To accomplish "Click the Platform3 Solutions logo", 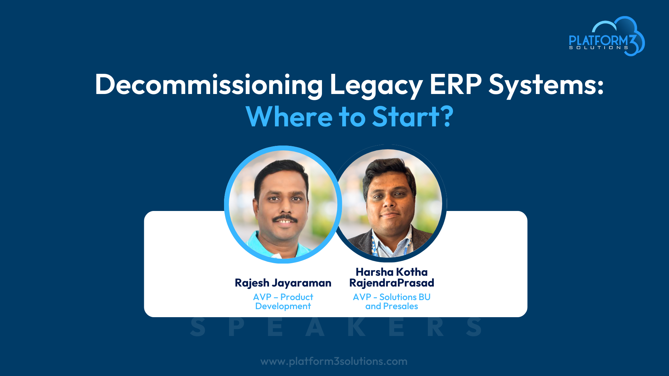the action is point(607,36).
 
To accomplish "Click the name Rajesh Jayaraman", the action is point(283,283).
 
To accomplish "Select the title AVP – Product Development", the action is point(283,301).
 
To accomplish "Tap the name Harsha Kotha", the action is point(392,272).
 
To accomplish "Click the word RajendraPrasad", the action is point(392,283).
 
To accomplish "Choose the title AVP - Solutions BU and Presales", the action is point(392,301).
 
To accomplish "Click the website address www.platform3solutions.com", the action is point(334,361).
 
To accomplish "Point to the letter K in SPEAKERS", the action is point(356,327).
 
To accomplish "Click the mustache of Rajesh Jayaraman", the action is point(285,219).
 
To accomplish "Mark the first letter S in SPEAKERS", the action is point(198,327).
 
